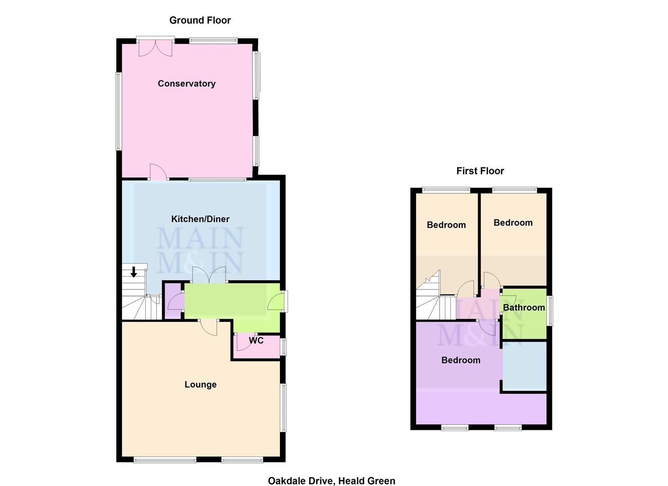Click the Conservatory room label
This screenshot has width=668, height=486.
186,84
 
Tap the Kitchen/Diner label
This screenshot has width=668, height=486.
200,219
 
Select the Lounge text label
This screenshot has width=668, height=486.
201,384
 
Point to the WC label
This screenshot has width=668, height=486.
256,341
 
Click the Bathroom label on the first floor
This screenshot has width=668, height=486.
524,308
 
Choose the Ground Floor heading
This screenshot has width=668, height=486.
200,20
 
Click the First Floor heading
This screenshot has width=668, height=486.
480,171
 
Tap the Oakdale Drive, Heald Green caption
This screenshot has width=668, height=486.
332,481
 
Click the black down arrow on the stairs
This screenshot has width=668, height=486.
134,272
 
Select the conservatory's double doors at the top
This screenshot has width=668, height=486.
155,48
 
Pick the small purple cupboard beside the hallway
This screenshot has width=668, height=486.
173,301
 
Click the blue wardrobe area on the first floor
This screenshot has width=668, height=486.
524,366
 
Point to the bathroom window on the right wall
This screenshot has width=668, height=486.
550,310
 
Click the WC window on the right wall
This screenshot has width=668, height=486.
283,346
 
